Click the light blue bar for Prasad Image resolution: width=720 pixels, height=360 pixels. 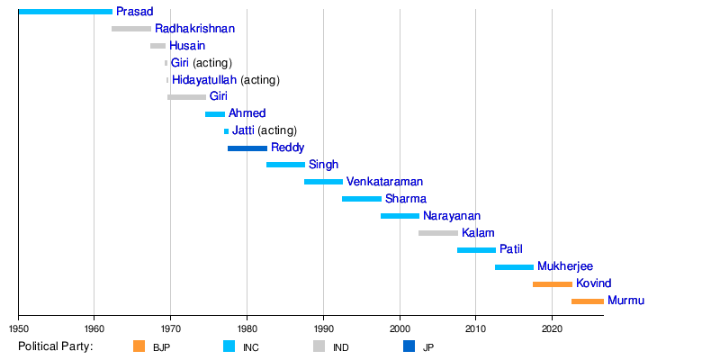tap(65, 12)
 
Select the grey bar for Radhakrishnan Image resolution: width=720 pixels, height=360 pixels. tap(131, 29)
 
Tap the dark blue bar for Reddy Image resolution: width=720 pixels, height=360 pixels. tap(247, 148)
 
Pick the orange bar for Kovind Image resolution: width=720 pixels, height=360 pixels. tap(553, 284)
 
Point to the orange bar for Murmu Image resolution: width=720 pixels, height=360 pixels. tap(588, 301)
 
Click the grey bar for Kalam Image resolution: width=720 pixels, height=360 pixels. tap(438, 233)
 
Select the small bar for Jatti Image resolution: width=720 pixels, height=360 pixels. tap(227, 131)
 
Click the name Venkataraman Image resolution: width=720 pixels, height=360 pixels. tap(385, 182)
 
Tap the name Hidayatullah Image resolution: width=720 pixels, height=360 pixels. tap(204, 80)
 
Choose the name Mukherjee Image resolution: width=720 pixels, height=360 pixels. tap(565, 266)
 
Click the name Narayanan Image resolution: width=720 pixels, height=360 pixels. tap(452, 216)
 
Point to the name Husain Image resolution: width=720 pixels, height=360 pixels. tap(187, 46)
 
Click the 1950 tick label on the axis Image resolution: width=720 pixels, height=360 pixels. tap(18, 328)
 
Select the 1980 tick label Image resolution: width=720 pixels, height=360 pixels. tap(247, 328)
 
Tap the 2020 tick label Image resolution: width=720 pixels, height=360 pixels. tap(552, 328)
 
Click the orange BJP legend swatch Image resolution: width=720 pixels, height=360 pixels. tap(139, 346)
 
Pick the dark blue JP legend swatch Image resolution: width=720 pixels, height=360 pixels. tap(409, 346)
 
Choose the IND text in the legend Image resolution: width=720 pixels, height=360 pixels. tap(342, 347)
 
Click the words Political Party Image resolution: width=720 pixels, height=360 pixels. tap(56, 346)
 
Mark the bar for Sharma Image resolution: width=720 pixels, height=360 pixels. tap(362, 199)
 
